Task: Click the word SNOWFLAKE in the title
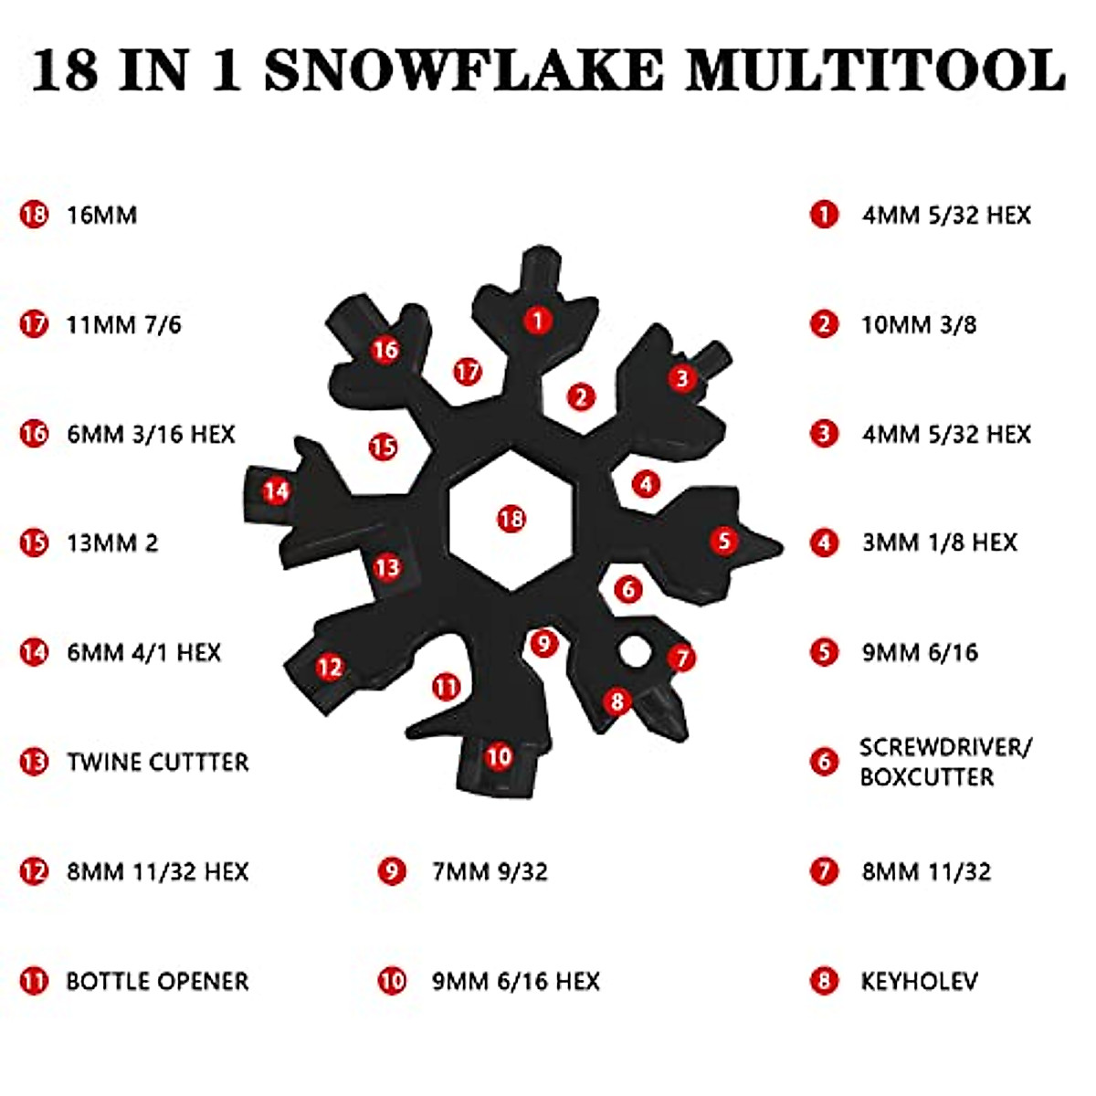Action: [x=463, y=69]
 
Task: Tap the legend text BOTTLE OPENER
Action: [x=157, y=982]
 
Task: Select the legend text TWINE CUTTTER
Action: [x=157, y=763]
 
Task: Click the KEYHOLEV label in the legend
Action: [x=919, y=982]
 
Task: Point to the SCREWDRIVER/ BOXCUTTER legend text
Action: [x=944, y=762]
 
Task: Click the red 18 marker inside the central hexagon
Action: [x=511, y=519]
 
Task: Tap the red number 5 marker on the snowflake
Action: [x=724, y=540]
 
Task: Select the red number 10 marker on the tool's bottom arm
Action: [x=499, y=756]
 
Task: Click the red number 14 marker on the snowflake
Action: [x=276, y=491]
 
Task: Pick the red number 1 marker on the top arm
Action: [x=538, y=320]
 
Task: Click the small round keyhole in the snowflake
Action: [x=633, y=652]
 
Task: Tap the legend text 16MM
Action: [x=101, y=216]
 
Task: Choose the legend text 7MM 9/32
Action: [x=490, y=872]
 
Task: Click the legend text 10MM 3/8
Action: [x=919, y=325]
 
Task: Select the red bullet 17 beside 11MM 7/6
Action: [x=34, y=324]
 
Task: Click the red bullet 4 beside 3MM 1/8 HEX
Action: [x=824, y=543]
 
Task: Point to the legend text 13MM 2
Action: [x=112, y=543]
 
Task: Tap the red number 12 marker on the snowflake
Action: [x=330, y=667]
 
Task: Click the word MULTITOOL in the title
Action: [x=875, y=69]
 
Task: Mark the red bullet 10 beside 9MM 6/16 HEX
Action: [x=392, y=982]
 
